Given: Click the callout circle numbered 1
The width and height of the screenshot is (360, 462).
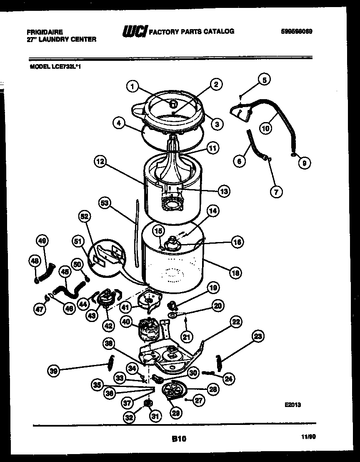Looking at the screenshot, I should coord(132,86).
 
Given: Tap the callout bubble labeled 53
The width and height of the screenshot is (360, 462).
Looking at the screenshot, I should coord(105,203).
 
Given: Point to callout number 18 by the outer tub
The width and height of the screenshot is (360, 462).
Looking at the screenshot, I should coord(236,273).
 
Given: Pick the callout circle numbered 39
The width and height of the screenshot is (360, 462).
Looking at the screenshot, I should coord(53,372).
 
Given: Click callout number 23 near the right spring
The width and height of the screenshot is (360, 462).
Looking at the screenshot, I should coord(258,336).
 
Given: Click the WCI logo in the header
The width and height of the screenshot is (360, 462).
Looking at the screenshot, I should coord(134,32).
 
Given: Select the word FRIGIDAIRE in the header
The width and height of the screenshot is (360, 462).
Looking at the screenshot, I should coord(45,32).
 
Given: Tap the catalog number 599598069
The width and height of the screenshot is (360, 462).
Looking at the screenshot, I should coord(297,31).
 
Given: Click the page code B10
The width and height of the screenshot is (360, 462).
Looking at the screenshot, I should coord(179,438).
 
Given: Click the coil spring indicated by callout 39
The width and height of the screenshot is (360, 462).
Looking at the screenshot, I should coord(111,360).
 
